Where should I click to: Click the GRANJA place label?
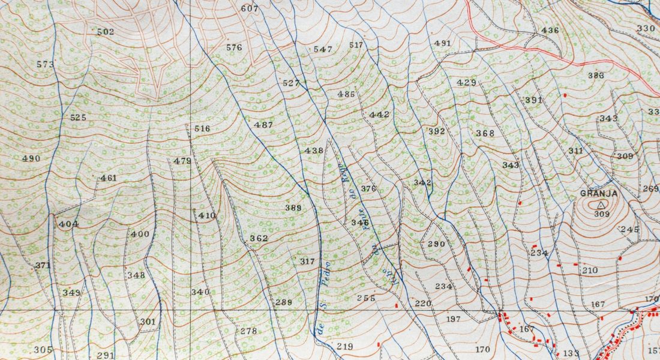(599, 193)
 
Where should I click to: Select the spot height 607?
(249, 9)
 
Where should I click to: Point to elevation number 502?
(105, 32)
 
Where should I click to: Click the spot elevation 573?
(45, 64)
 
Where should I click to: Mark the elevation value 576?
(234, 47)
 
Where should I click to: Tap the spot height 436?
(550, 31)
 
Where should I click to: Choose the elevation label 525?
(78, 118)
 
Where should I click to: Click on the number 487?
(263, 125)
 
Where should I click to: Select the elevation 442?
(379, 115)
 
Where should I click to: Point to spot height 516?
(203, 129)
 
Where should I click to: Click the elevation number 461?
(109, 178)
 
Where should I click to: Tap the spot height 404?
(69, 224)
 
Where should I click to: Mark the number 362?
(259, 238)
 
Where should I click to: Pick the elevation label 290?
(436, 244)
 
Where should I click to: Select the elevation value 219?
(345, 347)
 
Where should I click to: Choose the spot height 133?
(571, 353)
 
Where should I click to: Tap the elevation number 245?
(629, 230)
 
